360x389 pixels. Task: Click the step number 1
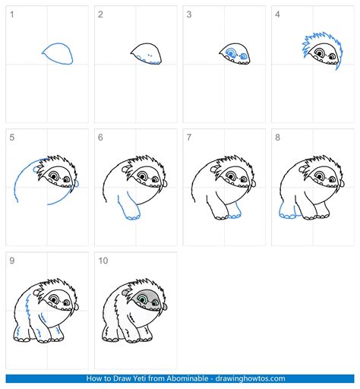(11, 14)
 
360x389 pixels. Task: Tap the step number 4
(277, 14)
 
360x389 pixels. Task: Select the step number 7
(189, 138)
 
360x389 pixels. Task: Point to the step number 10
(103, 261)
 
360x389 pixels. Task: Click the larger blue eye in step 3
(231, 53)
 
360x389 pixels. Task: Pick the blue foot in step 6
(133, 217)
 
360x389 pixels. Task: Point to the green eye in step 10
(143, 299)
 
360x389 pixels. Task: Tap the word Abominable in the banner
(187, 378)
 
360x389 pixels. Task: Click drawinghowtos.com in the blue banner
(250, 378)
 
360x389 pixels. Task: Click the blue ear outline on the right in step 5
(77, 183)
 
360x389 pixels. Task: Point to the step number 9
(11, 261)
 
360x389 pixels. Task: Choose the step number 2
(100, 14)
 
